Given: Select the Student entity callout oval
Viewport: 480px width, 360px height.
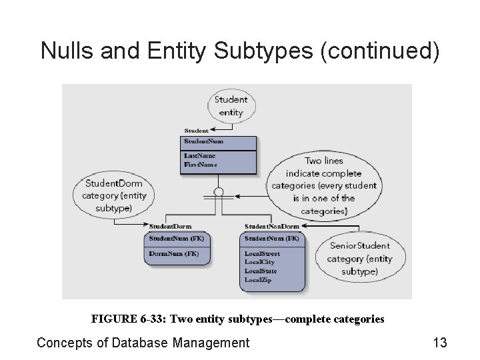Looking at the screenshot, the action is pyautogui.click(x=231, y=106).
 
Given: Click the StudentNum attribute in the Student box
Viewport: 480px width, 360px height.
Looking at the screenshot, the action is pyautogui.click(x=204, y=141).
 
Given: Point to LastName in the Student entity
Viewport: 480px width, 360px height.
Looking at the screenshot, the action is pyautogui.click(x=200, y=156).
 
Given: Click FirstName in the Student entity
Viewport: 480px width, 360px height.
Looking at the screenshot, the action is pyautogui.click(x=201, y=164).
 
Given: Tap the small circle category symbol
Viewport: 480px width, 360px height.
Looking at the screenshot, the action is pyautogui.click(x=217, y=193).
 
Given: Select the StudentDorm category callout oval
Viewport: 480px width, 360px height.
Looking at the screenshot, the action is pyautogui.click(x=113, y=195).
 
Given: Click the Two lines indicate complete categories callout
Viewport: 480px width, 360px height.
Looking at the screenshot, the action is pyautogui.click(x=324, y=186).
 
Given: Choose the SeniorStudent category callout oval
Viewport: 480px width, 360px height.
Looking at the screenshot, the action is pyautogui.click(x=361, y=259).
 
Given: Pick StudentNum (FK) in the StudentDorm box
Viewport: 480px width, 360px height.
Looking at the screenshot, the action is pyautogui.click(x=177, y=238).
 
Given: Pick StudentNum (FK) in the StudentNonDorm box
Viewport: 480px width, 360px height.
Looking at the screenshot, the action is pyautogui.click(x=272, y=238).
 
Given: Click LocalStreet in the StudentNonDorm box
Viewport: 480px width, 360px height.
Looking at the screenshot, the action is pyautogui.click(x=263, y=254).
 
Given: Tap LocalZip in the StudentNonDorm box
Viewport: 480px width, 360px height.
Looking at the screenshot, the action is pyautogui.click(x=259, y=280).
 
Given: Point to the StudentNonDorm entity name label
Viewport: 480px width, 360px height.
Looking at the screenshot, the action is pyautogui.click(x=272, y=227).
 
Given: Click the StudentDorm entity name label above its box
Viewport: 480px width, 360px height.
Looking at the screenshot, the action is pyautogui.click(x=171, y=227).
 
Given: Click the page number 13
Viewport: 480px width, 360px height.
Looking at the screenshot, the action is pyautogui.click(x=439, y=343).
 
